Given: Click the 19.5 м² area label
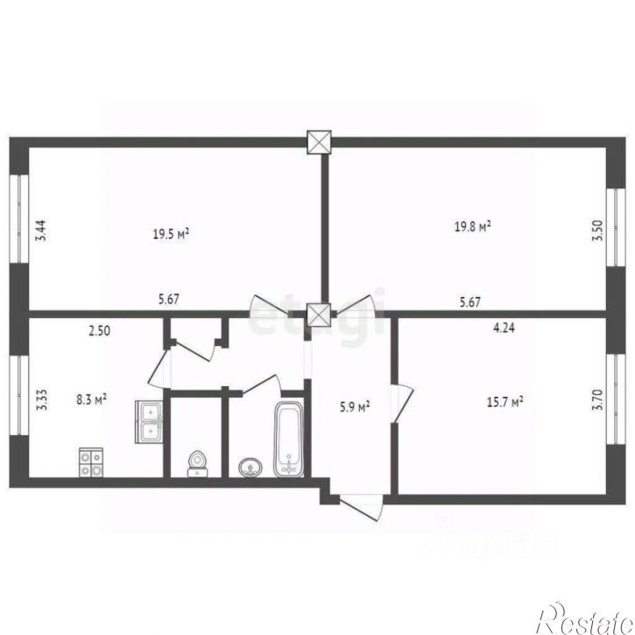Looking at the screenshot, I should coord(172,233).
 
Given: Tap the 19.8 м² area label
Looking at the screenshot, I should coord(472,226).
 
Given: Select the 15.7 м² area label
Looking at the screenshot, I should coord(504,401).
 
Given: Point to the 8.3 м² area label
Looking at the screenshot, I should coord(92,399).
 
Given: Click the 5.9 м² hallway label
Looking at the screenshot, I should coord(354,406).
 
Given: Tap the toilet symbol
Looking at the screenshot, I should coord(198,462).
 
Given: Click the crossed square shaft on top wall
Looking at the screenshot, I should coord(320,143).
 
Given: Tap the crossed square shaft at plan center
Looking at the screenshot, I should coord(320,314).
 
